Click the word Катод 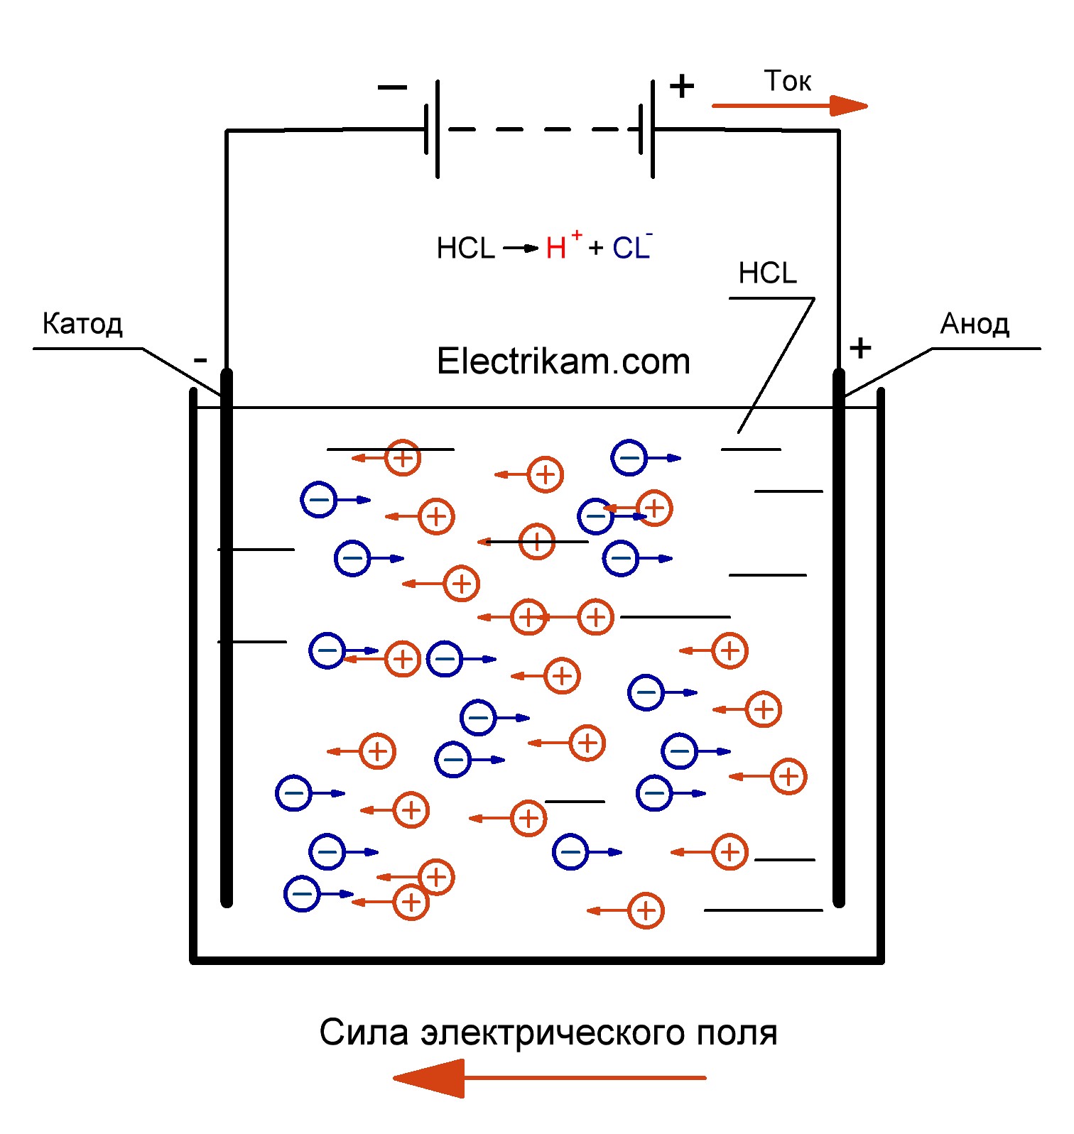pos(82,324)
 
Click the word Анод pos(975,324)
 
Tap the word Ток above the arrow pos(787,82)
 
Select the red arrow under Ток pos(788,107)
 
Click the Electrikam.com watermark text pos(563,361)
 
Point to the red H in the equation pos(555,249)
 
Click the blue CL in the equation pos(631,249)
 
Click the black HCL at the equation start pos(465,249)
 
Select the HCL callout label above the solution pos(767,273)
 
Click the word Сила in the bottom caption pos(364,1032)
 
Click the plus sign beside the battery pos(682,87)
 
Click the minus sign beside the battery pos(392,87)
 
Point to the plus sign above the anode pos(860,348)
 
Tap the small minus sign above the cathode pos(200,360)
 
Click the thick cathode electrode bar pos(227,639)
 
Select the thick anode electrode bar pos(839,639)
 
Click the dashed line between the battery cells pos(543,129)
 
